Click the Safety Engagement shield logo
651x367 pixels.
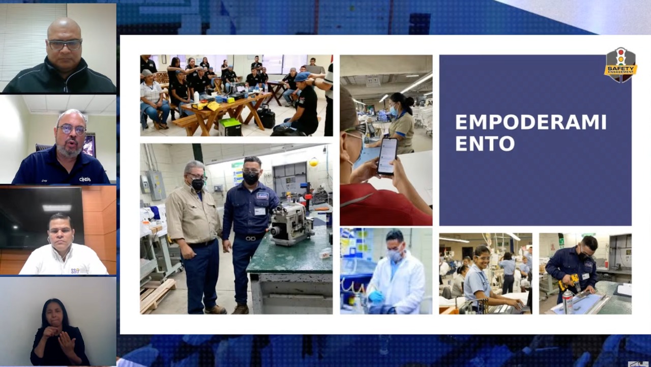click(x=620, y=65)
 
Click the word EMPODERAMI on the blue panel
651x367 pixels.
click(x=531, y=123)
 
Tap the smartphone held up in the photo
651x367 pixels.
click(x=387, y=156)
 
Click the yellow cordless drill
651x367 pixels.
click(x=570, y=283)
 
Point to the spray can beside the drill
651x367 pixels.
click(x=567, y=302)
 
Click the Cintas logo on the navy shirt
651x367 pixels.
click(x=85, y=179)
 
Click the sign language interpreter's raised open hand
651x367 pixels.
click(x=67, y=342)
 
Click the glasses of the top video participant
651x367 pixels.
click(x=65, y=44)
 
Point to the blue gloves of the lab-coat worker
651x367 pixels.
click(x=376, y=296)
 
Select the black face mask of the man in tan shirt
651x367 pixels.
click(x=198, y=184)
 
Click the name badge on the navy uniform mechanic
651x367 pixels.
click(x=259, y=211)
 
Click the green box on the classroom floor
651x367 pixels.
click(x=230, y=127)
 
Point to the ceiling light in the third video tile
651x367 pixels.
click(x=56, y=208)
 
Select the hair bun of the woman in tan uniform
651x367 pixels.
click(x=410, y=101)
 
